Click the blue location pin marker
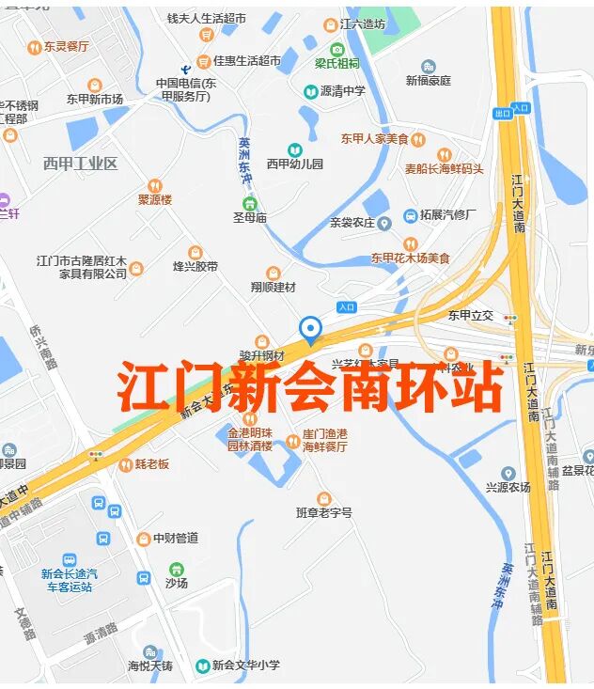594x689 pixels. (310, 330)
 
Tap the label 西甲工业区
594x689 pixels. (80, 164)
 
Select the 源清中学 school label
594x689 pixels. (342, 91)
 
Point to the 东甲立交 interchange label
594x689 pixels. (470, 315)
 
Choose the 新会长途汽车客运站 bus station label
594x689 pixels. (69, 579)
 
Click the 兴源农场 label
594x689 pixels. (508, 487)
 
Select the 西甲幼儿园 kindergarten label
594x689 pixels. (294, 164)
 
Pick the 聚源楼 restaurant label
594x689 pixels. (155, 198)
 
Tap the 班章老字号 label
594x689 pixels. (323, 512)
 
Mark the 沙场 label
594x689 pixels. (177, 583)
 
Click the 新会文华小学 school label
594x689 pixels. (245, 666)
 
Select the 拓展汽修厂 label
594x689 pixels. (447, 215)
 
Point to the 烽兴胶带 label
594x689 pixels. (195, 266)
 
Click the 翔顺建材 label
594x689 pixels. (273, 286)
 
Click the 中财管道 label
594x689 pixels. (175, 538)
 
